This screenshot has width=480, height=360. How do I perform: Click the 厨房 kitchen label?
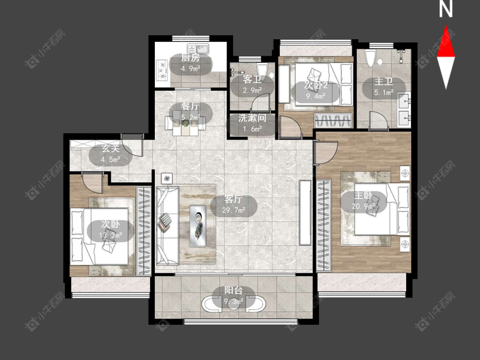(190, 58)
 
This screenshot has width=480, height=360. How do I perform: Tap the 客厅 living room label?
(233, 200)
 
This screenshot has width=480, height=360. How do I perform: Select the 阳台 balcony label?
(233, 290)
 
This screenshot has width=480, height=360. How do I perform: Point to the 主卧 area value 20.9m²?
(363, 206)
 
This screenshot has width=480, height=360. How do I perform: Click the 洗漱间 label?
(252, 118)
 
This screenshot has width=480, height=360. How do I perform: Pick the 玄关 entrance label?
(111, 149)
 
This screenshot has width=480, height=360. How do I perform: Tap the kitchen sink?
(198, 49)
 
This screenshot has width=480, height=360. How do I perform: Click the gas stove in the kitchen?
(162, 70)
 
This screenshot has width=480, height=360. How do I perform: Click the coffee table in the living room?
(198, 226)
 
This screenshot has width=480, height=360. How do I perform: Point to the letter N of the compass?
(445, 9)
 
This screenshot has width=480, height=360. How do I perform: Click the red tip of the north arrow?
(446, 26)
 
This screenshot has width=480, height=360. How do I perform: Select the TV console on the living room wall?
(305, 212)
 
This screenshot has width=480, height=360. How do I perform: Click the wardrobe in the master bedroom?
(323, 226)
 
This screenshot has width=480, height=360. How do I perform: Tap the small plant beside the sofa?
(166, 178)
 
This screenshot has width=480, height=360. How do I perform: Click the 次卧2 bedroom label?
(316, 85)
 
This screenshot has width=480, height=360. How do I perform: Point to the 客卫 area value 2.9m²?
(252, 90)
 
